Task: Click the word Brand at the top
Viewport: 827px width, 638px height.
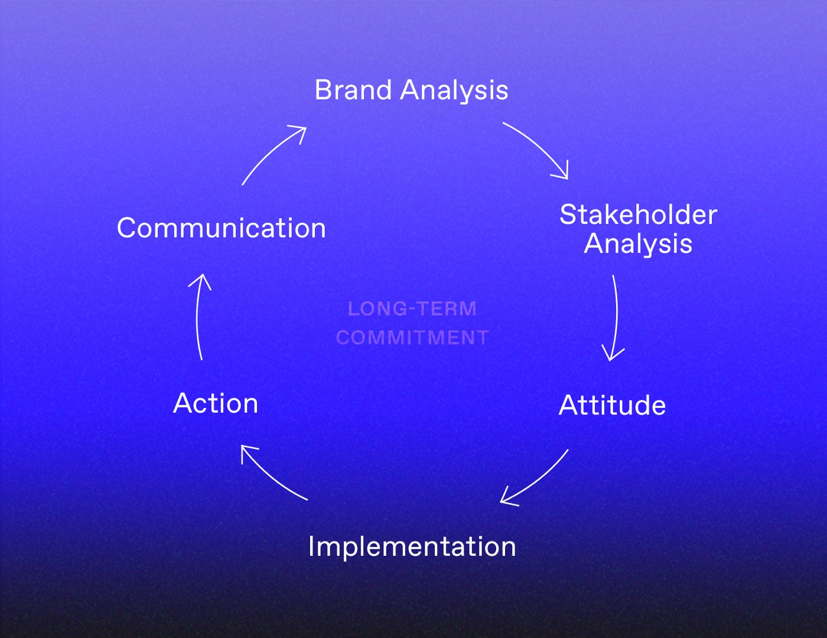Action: pyautogui.click(x=353, y=90)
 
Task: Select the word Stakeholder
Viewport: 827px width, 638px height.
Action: pyautogui.click(x=638, y=215)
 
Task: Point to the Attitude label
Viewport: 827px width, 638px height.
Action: pyautogui.click(x=613, y=404)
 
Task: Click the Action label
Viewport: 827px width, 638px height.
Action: pyautogui.click(x=216, y=403)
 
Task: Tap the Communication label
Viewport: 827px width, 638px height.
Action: pyautogui.click(x=221, y=228)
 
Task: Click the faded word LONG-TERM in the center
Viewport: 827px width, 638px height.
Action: pyautogui.click(x=412, y=309)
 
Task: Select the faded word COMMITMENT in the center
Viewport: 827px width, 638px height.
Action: pyautogui.click(x=412, y=338)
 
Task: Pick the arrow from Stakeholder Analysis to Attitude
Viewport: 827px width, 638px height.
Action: pyautogui.click(x=617, y=316)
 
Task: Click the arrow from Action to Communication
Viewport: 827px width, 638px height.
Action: pyautogui.click(x=197, y=316)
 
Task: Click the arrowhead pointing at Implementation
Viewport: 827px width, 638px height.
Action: pyautogui.click(x=507, y=498)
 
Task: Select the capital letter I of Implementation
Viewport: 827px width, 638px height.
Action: pyautogui.click(x=311, y=546)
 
